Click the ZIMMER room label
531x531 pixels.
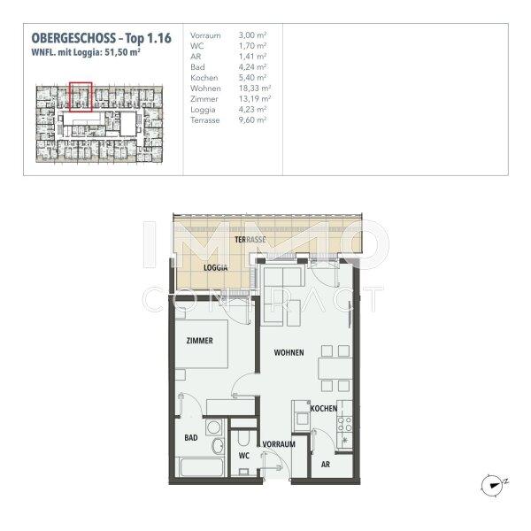pyautogui.click(x=199, y=339)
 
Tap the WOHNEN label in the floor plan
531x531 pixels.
pyautogui.click(x=289, y=352)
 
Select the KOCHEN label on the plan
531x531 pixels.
pyautogui.click(x=324, y=408)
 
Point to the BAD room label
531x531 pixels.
pyautogui.click(x=190, y=437)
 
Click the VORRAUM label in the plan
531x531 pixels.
pyautogui.click(x=277, y=443)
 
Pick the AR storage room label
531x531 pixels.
pyautogui.click(x=326, y=463)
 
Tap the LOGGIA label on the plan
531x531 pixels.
pyautogui.click(x=216, y=267)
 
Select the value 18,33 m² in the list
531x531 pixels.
pyautogui.click(x=254, y=89)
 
